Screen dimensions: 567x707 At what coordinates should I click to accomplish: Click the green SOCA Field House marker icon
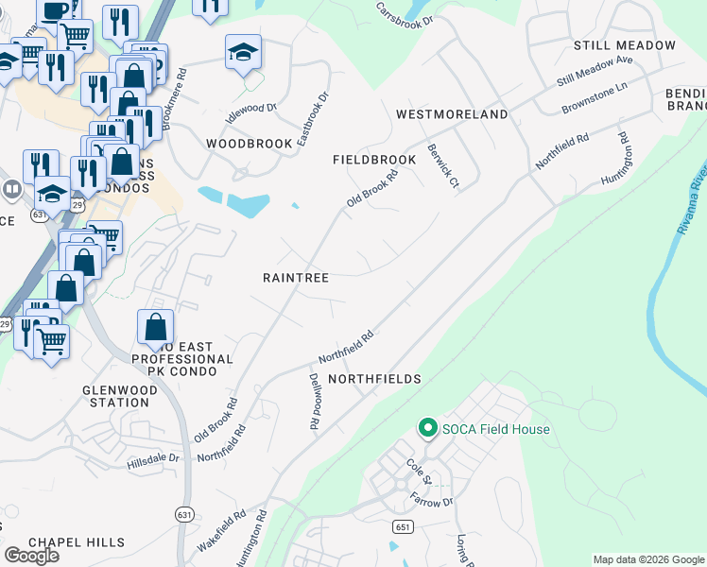[426, 429]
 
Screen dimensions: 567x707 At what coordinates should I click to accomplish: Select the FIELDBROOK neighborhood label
[374, 161]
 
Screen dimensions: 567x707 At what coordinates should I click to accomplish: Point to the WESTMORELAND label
[451, 114]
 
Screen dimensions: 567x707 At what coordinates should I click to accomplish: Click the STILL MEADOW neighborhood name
[625, 45]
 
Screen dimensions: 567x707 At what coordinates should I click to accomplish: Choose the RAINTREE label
[295, 278]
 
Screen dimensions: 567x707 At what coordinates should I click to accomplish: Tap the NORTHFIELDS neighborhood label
[373, 379]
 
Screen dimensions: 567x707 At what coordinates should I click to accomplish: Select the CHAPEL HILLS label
[77, 542]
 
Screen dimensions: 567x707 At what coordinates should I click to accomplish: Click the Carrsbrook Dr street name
[404, 13]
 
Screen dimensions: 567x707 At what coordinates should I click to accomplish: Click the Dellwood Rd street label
[315, 401]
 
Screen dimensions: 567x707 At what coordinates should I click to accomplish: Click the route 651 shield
[403, 525]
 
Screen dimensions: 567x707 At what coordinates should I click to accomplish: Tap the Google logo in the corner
[31, 556]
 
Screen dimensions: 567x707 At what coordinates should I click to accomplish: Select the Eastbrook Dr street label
[312, 118]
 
